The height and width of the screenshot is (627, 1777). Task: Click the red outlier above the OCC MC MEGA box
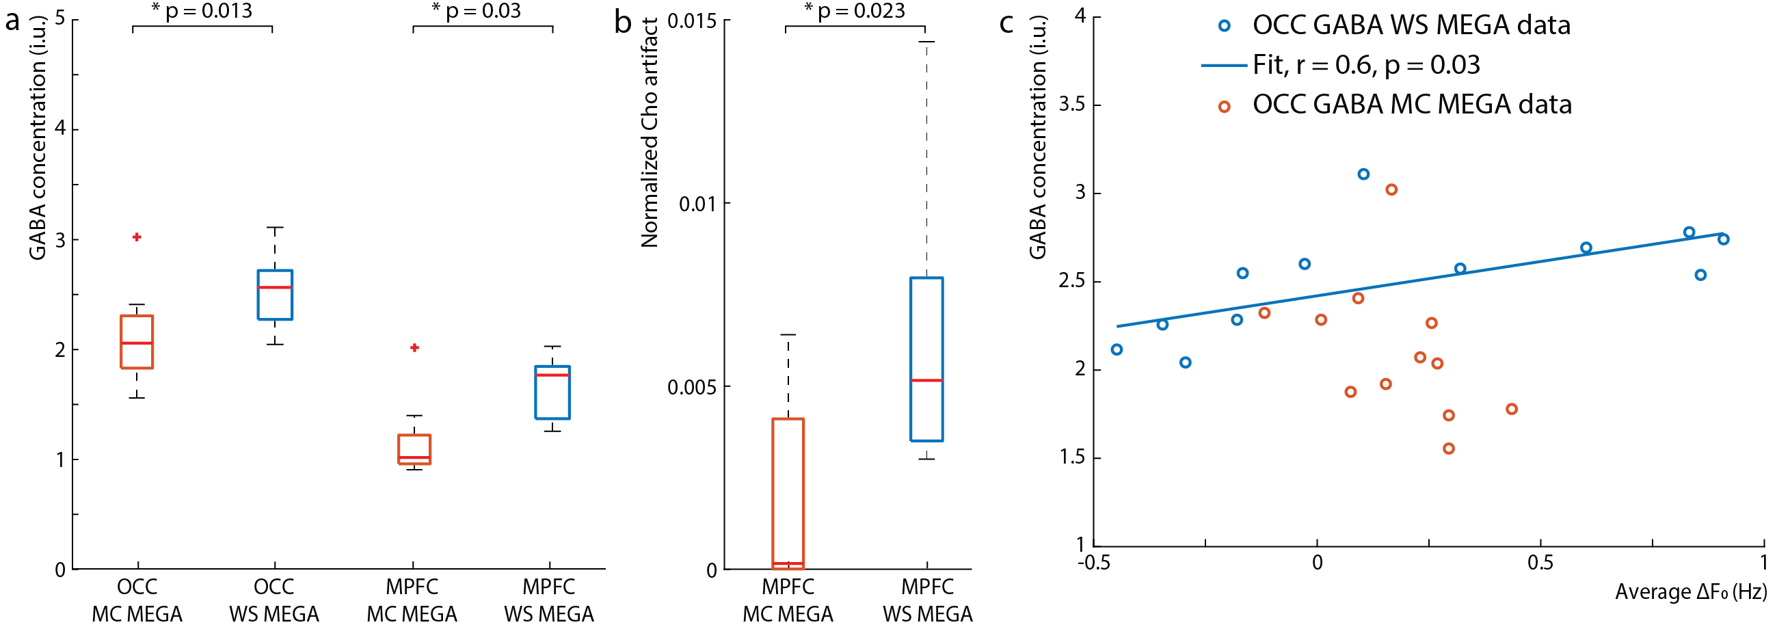pyautogui.click(x=137, y=237)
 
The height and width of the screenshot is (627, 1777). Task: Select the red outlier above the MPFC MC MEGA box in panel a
pyautogui.click(x=414, y=347)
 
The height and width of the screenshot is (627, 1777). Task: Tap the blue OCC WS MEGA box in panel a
pyautogui.click(x=275, y=295)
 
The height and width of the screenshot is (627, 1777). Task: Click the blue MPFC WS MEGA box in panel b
pyautogui.click(x=926, y=359)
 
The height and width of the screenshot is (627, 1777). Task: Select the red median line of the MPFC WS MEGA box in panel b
pyautogui.click(x=926, y=380)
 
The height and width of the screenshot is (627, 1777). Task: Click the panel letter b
pyautogui.click(x=622, y=22)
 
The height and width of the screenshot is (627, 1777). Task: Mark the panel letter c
pyautogui.click(x=1006, y=22)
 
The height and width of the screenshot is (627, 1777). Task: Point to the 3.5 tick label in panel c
pyautogui.click(x=1071, y=104)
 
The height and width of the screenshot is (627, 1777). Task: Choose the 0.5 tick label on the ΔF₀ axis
pyautogui.click(x=1540, y=562)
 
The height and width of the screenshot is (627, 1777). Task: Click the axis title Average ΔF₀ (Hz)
pyautogui.click(x=1691, y=591)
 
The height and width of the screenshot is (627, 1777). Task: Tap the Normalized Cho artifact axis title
pyautogui.click(x=650, y=133)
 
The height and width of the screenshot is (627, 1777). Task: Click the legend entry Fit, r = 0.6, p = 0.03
pyautogui.click(x=1366, y=65)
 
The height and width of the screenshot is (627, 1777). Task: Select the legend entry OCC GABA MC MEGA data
pyautogui.click(x=1411, y=104)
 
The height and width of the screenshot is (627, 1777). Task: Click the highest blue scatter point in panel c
pyautogui.click(x=1363, y=174)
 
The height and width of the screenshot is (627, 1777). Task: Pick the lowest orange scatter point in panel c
pyautogui.click(x=1449, y=449)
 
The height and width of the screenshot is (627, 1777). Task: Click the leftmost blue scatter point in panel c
pyautogui.click(x=1117, y=349)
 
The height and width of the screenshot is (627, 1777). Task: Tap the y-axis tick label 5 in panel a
pyautogui.click(x=60, y=18)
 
